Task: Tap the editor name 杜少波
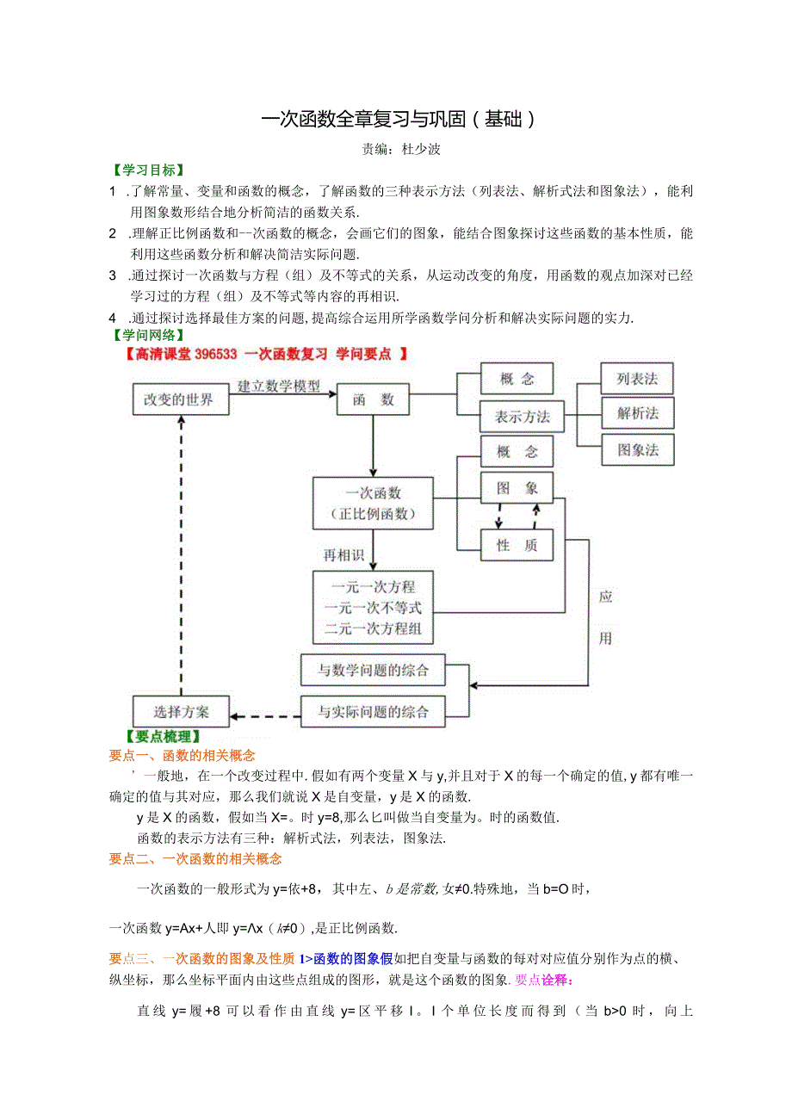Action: pyautogui.click(x=421, y=149)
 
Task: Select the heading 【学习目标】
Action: pyautogui.click(x=148, y=170)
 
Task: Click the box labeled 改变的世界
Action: pyautogui.click(x=181, y=400)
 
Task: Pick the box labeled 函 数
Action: pyautogui.click(x=373, y=400)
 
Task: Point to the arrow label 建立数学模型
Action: pyautogui.click(x=279, y=387)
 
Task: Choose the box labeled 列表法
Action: pyautogui.click(x=637, y=379)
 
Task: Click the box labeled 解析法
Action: pyautogui.click(x=637, y=414)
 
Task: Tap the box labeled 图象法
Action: pyautogui.click(x=637, y=449)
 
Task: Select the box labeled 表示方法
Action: pyautogui.click(x=522, y=418)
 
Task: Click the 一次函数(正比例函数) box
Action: pyautogui.click(x=373, y=504)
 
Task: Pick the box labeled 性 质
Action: pyautogui.click(x=517, y=546)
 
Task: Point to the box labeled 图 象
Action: pyautogui.click(x=517, y=488)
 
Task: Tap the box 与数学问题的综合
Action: pyautogui.click(x=373, y=670)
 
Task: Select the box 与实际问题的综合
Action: pyautogui.click(x=373, y=712)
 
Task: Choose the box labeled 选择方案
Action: pyautogui.click(x=181, y=712)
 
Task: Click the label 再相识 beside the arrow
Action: pyautogui.click(x=343, y=556)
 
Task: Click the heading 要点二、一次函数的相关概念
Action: pyautogui.click(x=195, y=858)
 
